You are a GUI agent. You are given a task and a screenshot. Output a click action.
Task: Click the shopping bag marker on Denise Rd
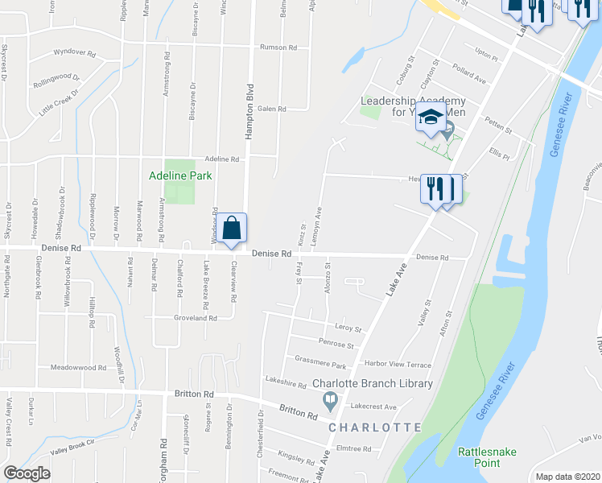[232, 228]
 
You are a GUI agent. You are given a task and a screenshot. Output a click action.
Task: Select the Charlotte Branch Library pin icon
[330, 399]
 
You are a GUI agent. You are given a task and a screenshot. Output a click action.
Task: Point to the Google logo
[27, 473]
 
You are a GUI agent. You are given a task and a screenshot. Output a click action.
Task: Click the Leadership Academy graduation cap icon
[431, 118]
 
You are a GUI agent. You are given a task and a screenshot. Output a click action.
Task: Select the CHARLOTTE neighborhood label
[373, 427]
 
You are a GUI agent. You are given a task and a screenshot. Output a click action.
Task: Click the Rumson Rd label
[278, 47]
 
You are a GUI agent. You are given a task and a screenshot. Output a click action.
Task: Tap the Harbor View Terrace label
[397, 365]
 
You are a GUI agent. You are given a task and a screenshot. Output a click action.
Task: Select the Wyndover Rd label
[74, 53]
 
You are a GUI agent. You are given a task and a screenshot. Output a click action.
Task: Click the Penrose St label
[336, 345]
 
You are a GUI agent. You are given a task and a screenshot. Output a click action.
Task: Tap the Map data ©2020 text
[567, 477]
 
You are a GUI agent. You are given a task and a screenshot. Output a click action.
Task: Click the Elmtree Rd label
[353, 448]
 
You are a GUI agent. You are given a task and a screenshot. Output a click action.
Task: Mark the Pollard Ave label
[468, 74]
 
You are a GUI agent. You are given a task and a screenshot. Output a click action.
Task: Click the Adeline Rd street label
[222, 159]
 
